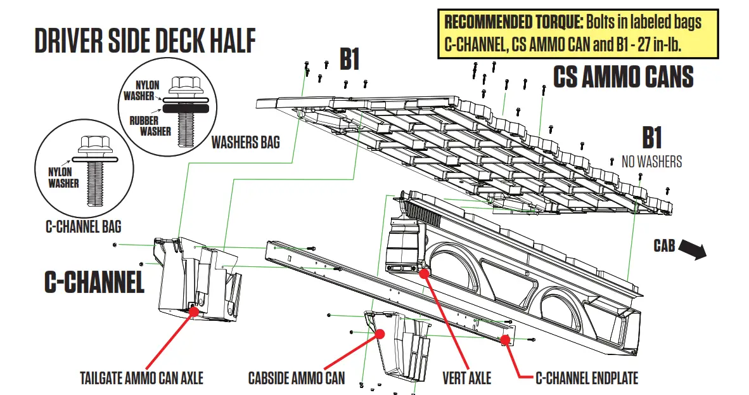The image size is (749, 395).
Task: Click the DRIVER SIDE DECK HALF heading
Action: (x=145, y=41)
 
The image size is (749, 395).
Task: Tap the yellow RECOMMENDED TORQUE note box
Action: (x=578, y=34)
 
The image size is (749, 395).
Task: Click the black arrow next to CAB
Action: (x=693, y=250)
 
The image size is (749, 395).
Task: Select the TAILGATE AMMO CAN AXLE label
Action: (x=142, y=379)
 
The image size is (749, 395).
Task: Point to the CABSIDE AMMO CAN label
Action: (x=297, y=379)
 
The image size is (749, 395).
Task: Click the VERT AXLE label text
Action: (x=466, y=379)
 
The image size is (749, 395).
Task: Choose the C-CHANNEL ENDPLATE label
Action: (x=587, y=379)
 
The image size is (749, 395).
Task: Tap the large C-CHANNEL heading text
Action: (x=94, y=282)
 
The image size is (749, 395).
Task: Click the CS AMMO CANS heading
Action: (x=624, y=77)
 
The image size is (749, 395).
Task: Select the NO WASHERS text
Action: (x=651, y=162)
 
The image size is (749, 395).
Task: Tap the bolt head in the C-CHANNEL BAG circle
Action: (x=88, y=143)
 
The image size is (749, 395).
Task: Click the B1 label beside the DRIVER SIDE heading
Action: (x=349, y=60)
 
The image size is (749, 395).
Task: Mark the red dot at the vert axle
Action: (x=424, y=273)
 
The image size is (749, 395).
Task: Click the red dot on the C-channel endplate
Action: (x=505, y=340)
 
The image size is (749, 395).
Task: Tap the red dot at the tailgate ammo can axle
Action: (x=193, y=309)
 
